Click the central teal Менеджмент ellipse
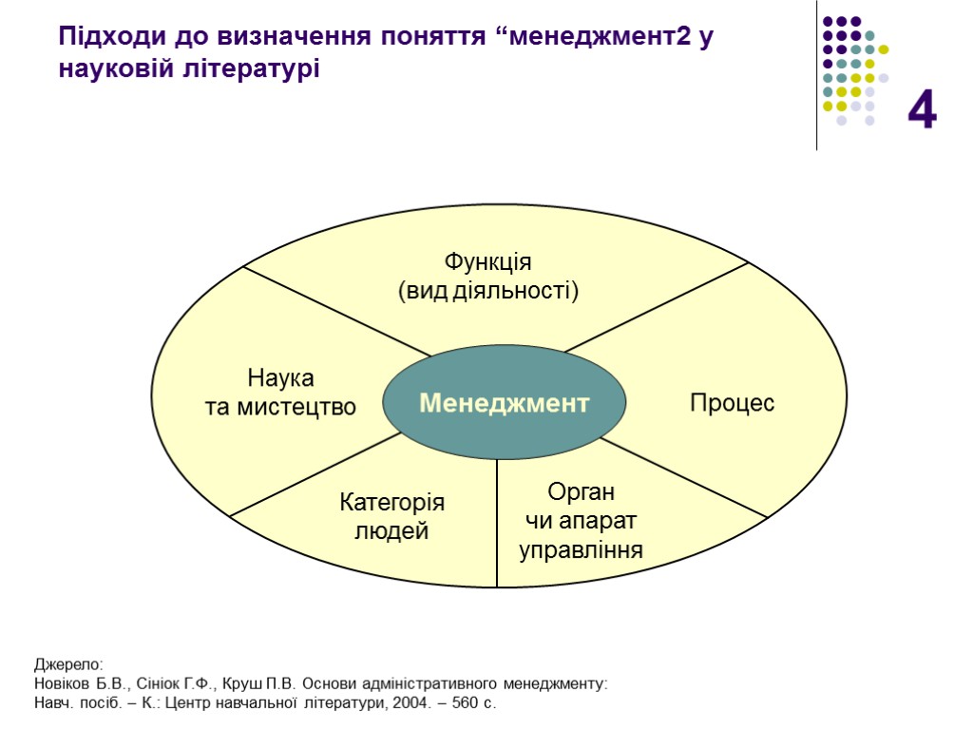coord(505,403)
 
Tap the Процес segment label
coord(732,403)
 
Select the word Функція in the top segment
coord(487,261)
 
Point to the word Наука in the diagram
coord(280,378)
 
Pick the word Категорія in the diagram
coord(391,503)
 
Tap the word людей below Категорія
coord(391,531)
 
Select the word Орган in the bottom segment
coord(582,492)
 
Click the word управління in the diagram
coord(582,549)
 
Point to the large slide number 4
coord(922,110)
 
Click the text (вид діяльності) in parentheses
coord(487,290)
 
